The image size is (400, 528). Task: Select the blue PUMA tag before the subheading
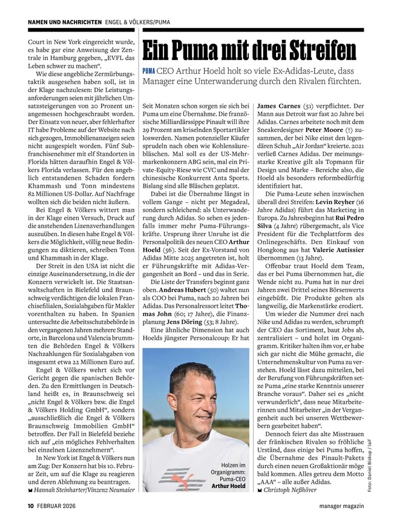tap(148, 70)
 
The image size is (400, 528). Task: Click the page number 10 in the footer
tap(29, 506)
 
